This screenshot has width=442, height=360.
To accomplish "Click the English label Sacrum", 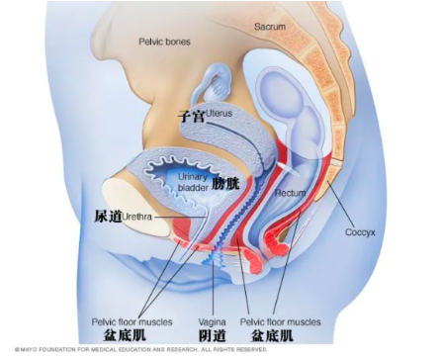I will click(272, 25).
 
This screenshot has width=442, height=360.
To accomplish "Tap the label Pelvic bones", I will click(165, 42).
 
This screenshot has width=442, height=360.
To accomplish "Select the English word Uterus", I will click(221, 114).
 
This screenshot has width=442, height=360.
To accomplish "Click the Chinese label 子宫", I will click(191, 115).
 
